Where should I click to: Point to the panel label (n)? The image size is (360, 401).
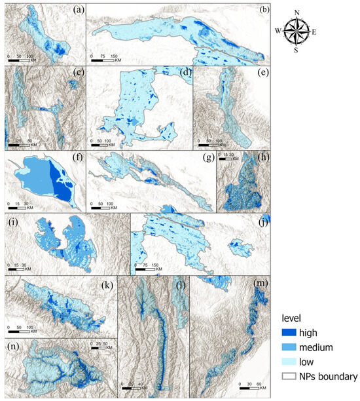coord(12,346)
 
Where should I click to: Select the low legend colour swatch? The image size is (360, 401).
coord(287,362)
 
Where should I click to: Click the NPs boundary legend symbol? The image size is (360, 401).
coord(287,377)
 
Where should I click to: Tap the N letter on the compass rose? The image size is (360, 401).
coord(297,12)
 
